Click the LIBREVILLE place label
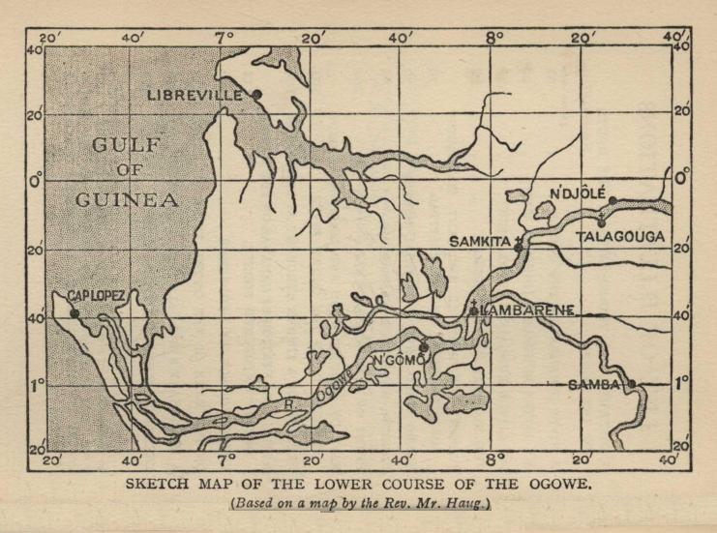pos(197,95)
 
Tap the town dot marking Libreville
pos(257,94)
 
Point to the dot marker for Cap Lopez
pos(75,312)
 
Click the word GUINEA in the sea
pos(127,201)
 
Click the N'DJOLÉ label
pos(577,193)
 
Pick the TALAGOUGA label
pos(620,235)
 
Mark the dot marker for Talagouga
pos(602,222)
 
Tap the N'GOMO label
pos(399,360)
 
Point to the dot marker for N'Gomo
pos(423,346)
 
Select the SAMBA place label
pos(594,384)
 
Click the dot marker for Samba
pos(631,383)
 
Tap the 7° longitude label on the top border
pos(225,37)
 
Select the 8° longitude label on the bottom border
pos(494,459)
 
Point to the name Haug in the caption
pos(466,504)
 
